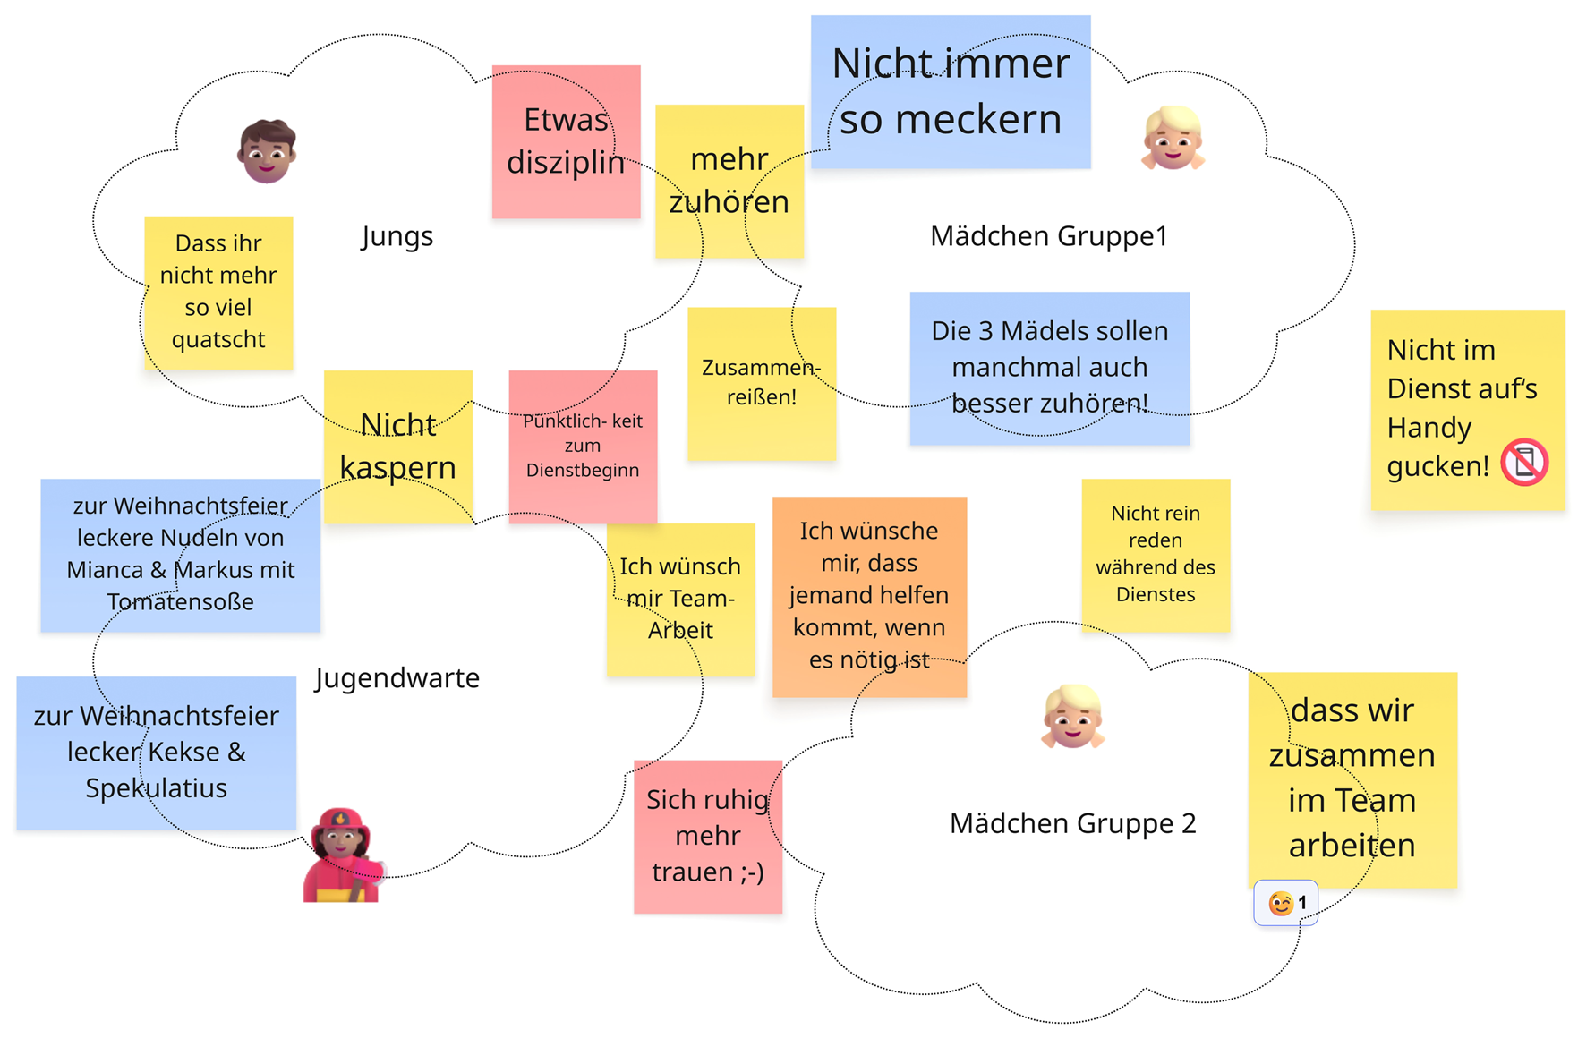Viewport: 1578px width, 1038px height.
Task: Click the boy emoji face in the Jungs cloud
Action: click(x=267, y=150)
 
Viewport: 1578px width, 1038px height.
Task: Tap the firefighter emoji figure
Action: click(x=342, y=855)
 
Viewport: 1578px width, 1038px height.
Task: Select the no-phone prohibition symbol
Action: click(x=1523, y=462)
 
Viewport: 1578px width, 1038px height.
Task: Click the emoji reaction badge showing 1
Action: click(x=1286, y=903)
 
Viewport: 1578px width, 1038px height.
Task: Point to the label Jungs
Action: click(x=397, y=236)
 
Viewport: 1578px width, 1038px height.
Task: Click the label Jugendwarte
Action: click(x=397, y=677)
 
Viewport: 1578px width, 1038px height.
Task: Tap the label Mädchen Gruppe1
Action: click(x=1049, y=236)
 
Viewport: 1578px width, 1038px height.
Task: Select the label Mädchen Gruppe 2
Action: click(x=1072, y=823)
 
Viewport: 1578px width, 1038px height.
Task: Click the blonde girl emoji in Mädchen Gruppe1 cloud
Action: click(x=1173, y=139)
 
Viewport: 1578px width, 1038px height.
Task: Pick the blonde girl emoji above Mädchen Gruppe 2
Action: click(x=1072, y=716)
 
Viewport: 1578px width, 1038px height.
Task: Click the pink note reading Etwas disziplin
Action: click(x=566, y=141)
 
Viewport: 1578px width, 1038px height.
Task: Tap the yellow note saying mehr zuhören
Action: click(x=729, y=181)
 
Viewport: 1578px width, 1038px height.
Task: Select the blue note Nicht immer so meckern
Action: click(x=951, y=91)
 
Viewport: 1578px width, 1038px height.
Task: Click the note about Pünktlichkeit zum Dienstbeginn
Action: click(x=583, y=446)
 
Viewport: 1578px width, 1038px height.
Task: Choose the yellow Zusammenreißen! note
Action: click(x=761, y=383)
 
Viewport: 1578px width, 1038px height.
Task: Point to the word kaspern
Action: click(x=397, y=468)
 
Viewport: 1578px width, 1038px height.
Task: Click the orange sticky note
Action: click(x=869, y=596)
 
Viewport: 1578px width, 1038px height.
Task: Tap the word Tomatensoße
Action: click(x=181, y=602)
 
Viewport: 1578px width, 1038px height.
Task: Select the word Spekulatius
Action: click(x=157, y=788)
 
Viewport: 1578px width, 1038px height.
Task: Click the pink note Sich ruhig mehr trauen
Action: click(x=707, y=836)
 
